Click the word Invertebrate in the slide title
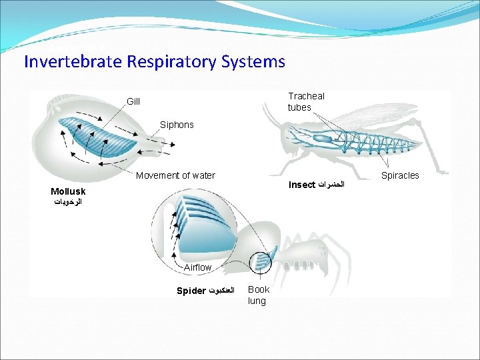click(69, 62)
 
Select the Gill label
click(133, 101)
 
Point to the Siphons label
click(177, 125)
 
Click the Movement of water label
click(175, 175)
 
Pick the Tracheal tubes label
click(306, 101)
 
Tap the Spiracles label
click(400, 175)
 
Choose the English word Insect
click(301, 184)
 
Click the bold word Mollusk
click(68, 191)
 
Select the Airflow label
click(197, 267)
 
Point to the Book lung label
click(259, 295)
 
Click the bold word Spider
click(191, 291)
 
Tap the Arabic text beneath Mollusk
click(68, 201)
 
